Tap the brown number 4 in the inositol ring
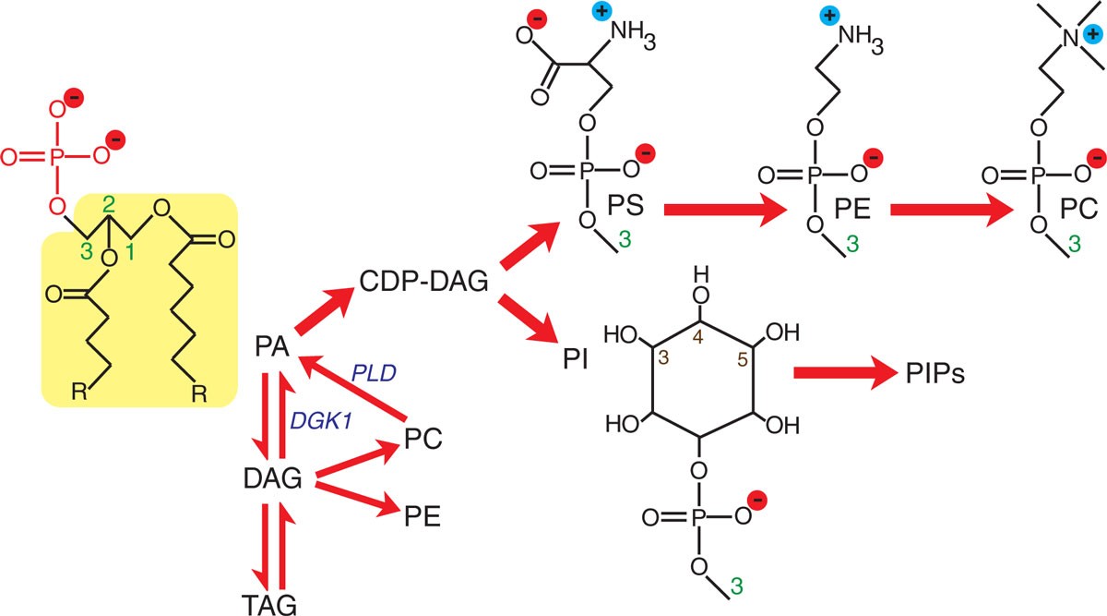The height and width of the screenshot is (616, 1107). point(697,340)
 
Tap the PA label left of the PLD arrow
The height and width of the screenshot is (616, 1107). point(271,348)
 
